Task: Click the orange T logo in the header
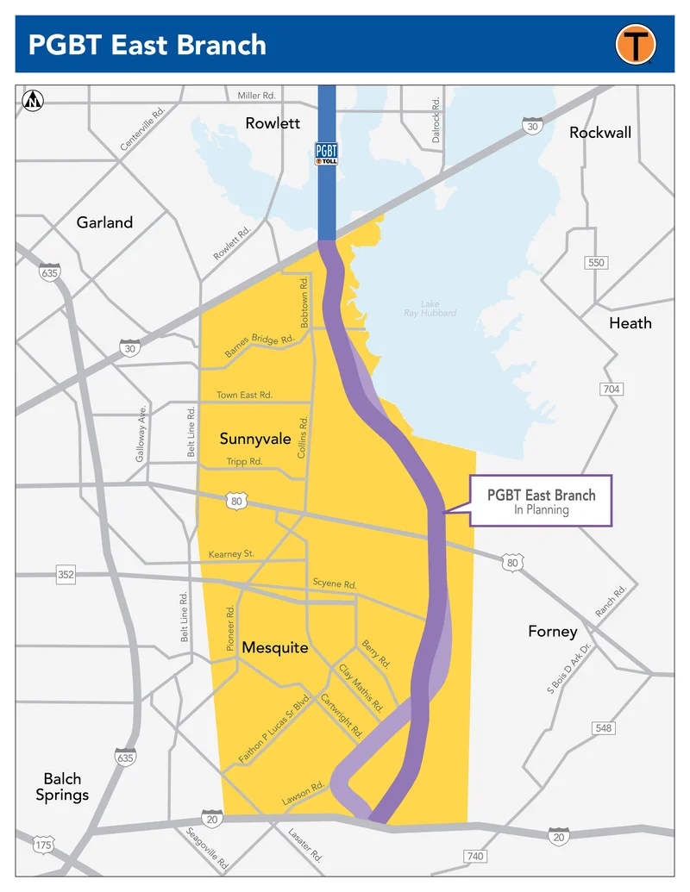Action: point(636,43)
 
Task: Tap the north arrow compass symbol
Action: point(34,101)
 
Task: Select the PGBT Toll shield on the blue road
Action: point(327,153)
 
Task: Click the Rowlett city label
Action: point(273,123)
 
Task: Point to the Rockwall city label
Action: point(600,133)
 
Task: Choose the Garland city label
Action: point(104,222)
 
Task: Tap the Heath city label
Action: point(630,323)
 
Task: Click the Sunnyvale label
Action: point(255,439)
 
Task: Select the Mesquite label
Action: point(275,647)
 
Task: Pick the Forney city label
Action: point(553,632)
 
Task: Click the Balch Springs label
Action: point(62,787)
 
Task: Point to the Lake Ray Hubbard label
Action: point(430,309)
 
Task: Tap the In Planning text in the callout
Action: point(541,509)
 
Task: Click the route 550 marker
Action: point(596,262)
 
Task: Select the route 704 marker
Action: point(611,390)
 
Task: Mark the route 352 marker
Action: point(66,574)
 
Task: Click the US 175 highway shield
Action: point(43,845)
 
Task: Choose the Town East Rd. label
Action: point(244,395)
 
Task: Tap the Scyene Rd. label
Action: point(335,584)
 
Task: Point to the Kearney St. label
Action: point(231,553)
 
